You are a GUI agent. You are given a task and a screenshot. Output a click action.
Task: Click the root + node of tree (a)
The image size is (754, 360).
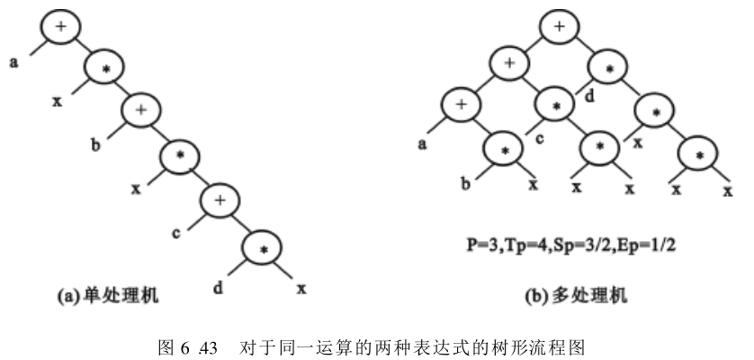(x=60, y=27)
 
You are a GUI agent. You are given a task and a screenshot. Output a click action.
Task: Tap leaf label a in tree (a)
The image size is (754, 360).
(x=14, y=64)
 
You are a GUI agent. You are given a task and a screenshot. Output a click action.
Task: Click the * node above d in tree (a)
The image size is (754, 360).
(x=258, y=248)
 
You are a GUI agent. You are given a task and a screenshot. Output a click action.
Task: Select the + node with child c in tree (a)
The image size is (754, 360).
(x=219, y=201)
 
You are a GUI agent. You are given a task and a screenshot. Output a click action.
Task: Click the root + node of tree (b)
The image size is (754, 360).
(x=560, y=27)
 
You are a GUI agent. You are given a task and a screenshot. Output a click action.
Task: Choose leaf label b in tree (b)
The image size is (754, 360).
(x=465, y=185)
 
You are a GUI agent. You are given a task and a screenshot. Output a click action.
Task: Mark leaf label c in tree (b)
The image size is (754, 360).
(x=540, y=141)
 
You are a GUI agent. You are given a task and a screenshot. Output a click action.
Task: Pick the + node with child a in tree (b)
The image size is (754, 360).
(x=461, y=105)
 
